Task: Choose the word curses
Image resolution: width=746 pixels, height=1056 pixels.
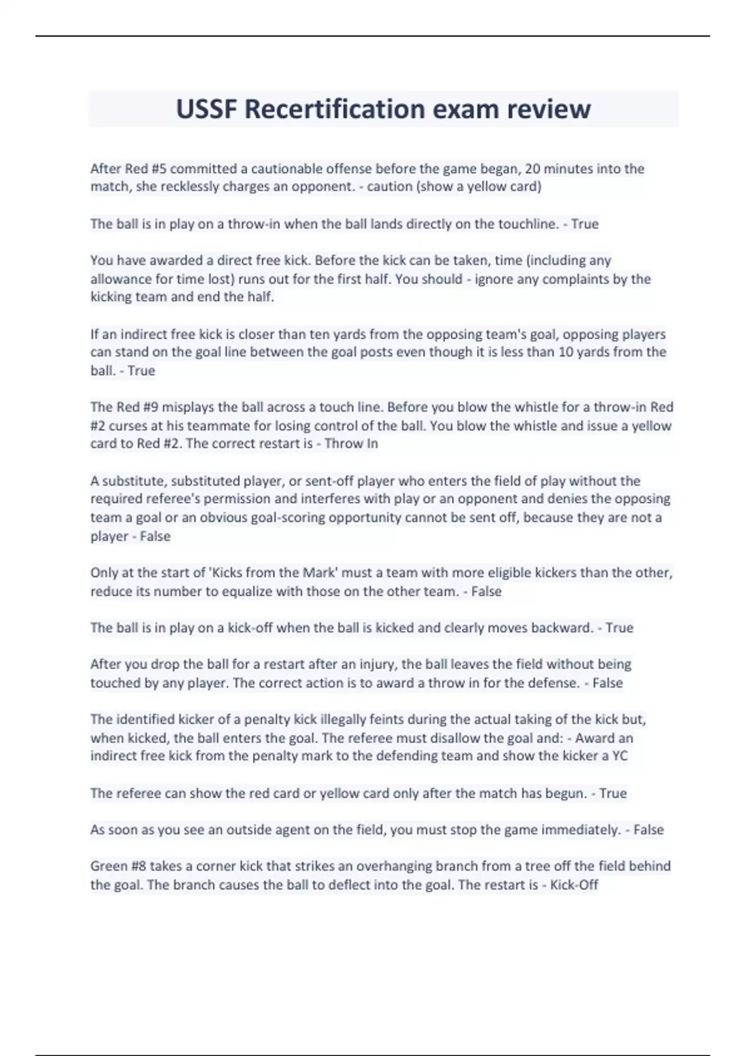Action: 127,426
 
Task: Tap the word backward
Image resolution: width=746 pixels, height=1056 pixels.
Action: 561,628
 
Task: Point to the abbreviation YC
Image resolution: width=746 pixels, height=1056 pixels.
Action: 619,756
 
